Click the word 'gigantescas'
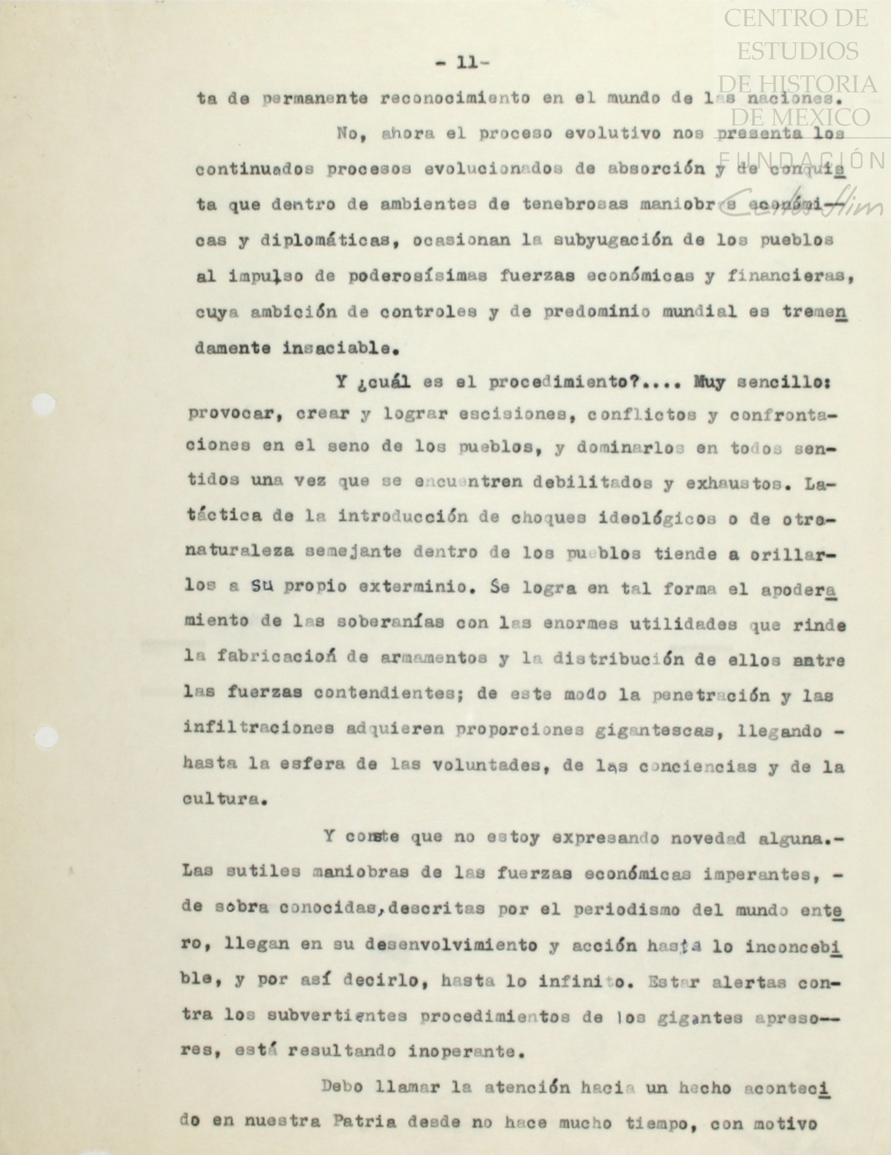click(x=640, y=731)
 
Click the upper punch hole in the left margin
click(x=45, y=404)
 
